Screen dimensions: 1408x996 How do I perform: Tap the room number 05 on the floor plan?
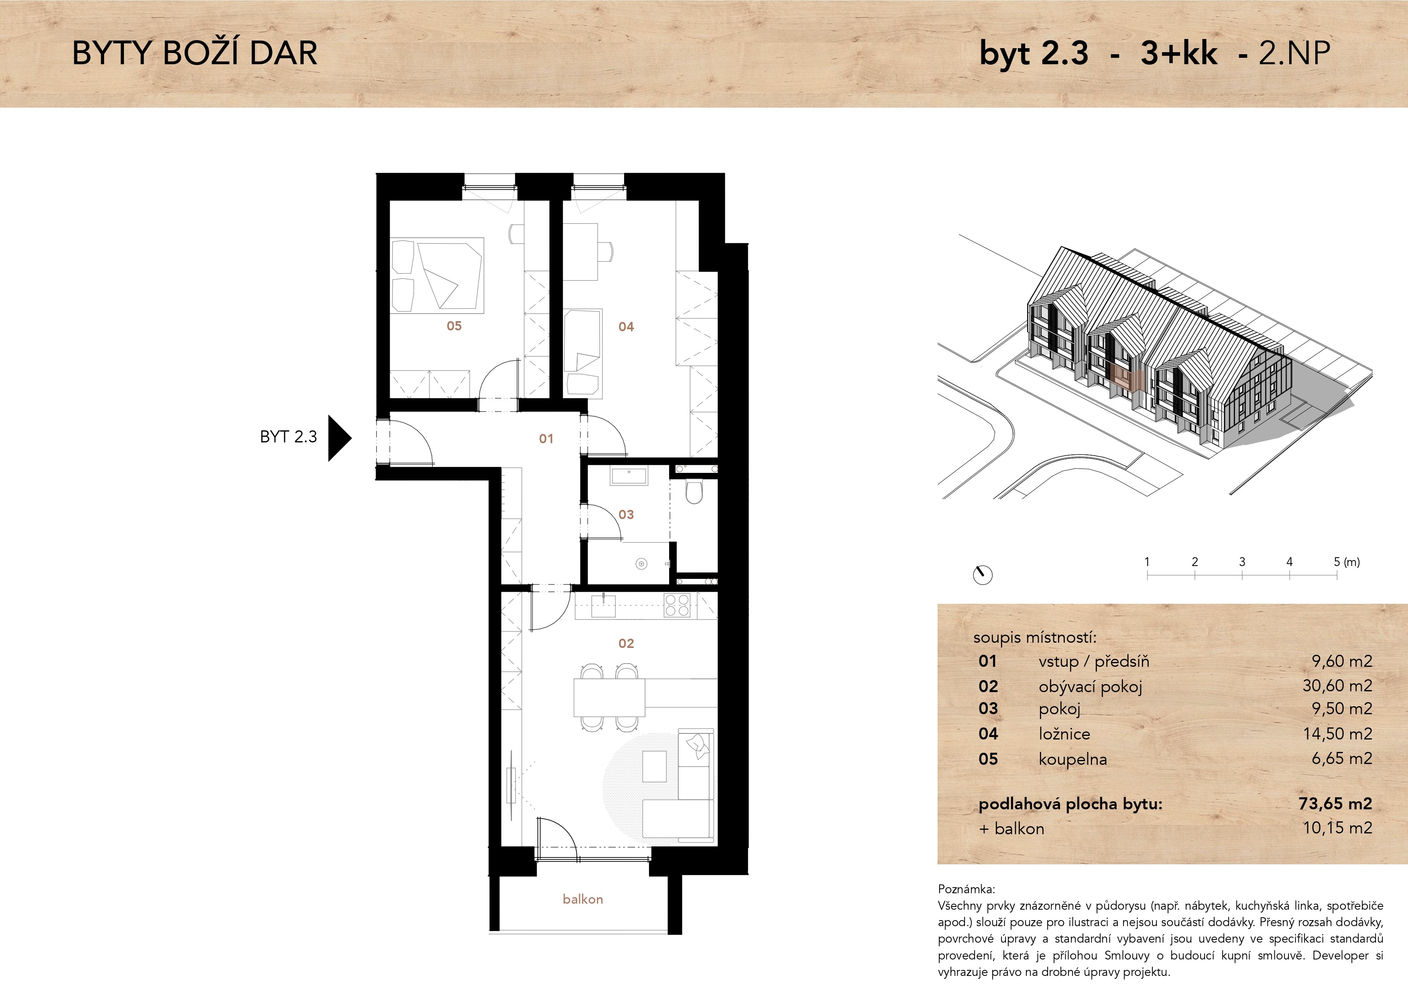[454, 326]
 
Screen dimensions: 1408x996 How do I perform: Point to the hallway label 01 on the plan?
[546, 438]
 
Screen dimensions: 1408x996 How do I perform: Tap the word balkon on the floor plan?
[582, 899]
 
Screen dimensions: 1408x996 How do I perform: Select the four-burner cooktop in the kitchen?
[678, 605]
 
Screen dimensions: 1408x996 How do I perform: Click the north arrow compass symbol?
[983, 574]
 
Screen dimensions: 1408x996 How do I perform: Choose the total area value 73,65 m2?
[1335, 803]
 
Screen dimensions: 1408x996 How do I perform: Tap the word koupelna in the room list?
[1072, 759]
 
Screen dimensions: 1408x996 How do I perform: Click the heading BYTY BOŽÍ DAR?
[195, 53]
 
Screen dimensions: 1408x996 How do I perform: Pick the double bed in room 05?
[437, 275]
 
